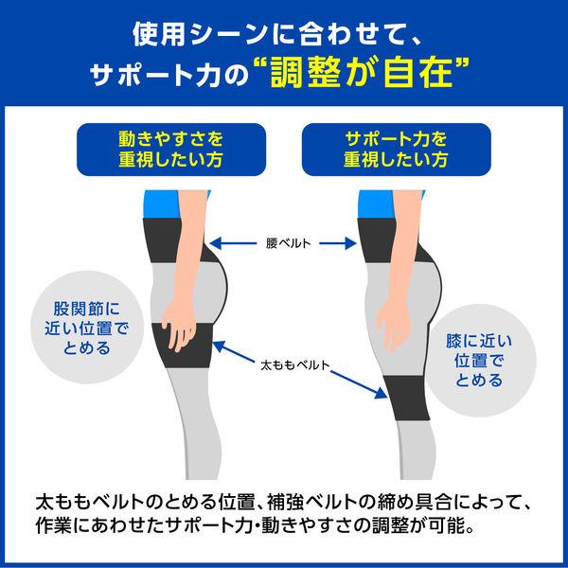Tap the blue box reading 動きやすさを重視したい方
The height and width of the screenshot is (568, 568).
click(x=171, y=150)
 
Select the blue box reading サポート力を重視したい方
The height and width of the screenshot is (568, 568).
click(x=397, y=150)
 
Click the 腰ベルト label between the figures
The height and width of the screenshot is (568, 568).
click(x=288, y=243)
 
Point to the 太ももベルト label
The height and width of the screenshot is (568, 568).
click(x=294, y=364)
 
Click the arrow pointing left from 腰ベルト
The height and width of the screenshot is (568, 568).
click(x=233, y=243)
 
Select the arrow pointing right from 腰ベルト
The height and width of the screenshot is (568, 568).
click(x=338, y=243)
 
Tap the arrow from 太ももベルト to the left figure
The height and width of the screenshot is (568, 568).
click(x=233, y=351)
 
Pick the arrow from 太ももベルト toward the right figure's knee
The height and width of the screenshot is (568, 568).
click(x=359, y=384)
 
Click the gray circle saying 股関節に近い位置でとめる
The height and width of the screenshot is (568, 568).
click(x=87, y=328)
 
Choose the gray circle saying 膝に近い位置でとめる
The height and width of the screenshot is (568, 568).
click(x=480, y=360)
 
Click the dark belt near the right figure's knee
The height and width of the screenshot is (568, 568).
click(x=407, y=398)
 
